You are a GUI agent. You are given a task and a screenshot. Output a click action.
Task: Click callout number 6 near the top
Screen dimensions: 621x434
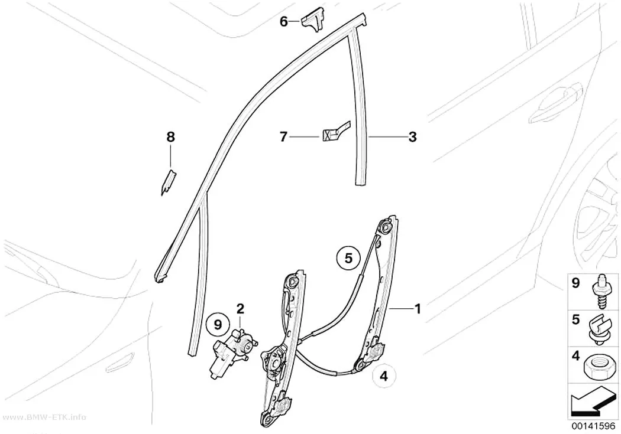(x=283, y=22)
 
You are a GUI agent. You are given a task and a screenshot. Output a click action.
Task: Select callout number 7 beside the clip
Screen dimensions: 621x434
(x=283, y=137)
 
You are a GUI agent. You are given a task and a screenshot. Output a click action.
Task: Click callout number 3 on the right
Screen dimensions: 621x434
(x=412, y=137)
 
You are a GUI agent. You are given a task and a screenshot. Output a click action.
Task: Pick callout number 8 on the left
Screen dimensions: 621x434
(x=170, y=137)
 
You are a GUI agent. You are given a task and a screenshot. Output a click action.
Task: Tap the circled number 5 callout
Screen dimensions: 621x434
(x=348, y=259)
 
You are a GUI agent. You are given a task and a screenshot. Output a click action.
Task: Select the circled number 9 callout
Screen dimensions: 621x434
(x=218, y=325)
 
